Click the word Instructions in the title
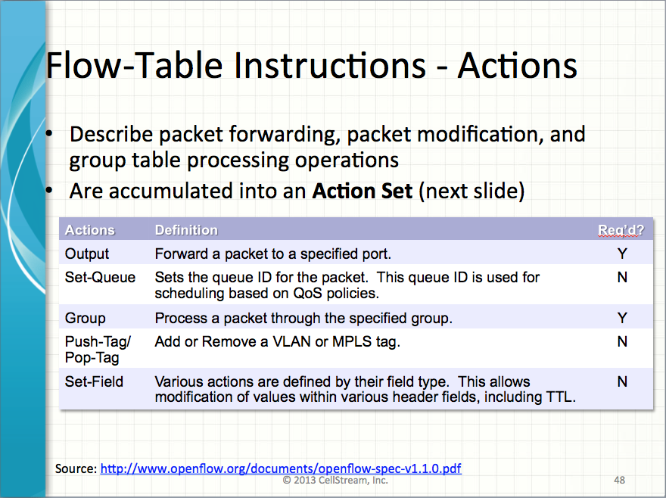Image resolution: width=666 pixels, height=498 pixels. (330, 65)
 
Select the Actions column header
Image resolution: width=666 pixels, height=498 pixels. (89, 230)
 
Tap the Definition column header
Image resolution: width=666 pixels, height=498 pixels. (186, 230)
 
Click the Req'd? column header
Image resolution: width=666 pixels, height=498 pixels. (621, 230)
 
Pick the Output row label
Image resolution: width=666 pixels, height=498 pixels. (86, 254)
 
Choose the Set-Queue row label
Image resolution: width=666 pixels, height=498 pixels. (100, 278)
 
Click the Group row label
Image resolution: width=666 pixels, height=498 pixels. (85, 318)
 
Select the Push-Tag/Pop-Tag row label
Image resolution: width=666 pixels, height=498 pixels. (98, 349)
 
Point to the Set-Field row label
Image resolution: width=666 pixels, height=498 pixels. (94, 381)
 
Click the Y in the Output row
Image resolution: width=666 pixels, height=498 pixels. (622, 254)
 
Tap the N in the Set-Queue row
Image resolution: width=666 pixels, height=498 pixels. (622, 278)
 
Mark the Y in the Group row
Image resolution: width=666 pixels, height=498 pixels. (622, 318)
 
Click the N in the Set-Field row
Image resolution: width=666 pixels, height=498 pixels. (622, 381)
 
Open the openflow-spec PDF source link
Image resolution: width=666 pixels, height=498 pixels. (281, 468)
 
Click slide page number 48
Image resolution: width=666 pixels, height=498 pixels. (619, 480)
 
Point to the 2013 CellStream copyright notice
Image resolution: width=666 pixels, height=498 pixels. (335, 480)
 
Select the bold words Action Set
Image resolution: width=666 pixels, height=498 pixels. (362, 191)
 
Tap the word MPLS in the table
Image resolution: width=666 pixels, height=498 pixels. (352, 341)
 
